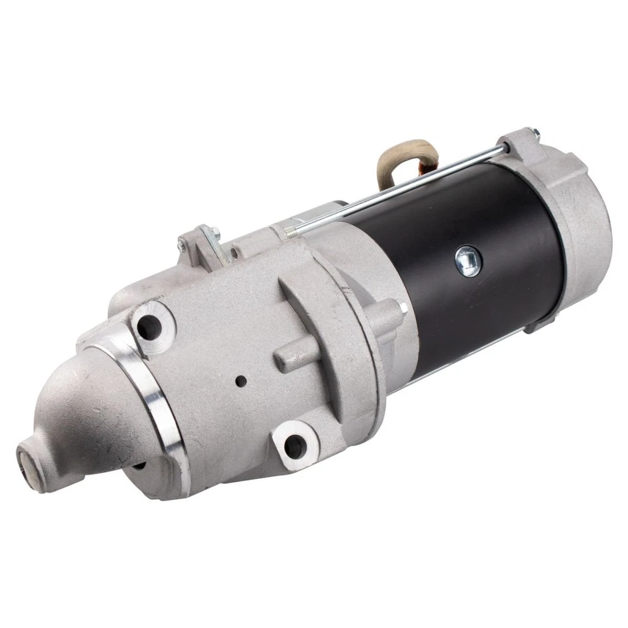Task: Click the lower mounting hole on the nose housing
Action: pyautogui.click(x=294, y=446)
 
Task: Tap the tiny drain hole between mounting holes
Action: pyautogui.click(x=241, y=381)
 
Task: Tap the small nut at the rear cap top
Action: pyautogui.click(x=534, y=136)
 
